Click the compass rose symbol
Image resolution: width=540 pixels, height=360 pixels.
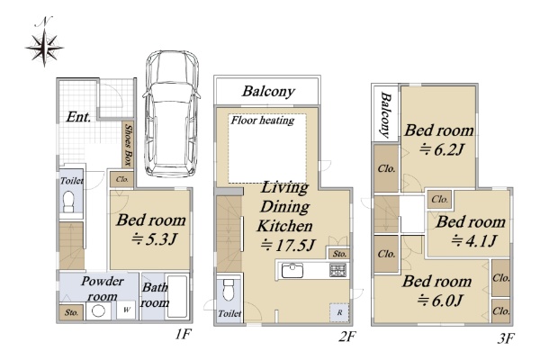(44, 46)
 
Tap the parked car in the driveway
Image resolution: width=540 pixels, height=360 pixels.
(171, 113)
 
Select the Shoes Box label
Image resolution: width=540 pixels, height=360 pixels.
(129, 145)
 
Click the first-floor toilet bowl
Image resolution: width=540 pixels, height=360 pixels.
(69, 202)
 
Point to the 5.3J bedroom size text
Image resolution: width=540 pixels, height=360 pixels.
(154, 238)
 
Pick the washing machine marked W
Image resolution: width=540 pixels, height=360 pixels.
(126, 310)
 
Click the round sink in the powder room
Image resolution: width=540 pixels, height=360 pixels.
(98, 311)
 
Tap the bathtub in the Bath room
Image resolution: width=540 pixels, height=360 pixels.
(176, 296)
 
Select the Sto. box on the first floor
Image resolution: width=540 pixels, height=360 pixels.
(71, 312)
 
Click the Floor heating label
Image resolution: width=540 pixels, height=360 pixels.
(263, 121)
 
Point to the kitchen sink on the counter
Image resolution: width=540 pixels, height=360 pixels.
(292, 270)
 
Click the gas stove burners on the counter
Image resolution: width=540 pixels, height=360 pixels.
(337, 270)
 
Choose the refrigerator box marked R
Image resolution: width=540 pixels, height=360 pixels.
(339, 312)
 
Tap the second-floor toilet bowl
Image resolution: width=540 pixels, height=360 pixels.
(229, 290)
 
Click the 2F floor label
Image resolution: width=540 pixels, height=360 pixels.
(346, 336)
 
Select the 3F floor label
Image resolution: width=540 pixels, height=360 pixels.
(506, 338)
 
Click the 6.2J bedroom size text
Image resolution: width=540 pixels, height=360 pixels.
(442, 149)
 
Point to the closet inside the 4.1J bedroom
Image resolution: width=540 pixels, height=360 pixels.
(440, 199)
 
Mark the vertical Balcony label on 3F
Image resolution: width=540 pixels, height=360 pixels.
(386, 114)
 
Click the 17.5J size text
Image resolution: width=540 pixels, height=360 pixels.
(288, 246)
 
